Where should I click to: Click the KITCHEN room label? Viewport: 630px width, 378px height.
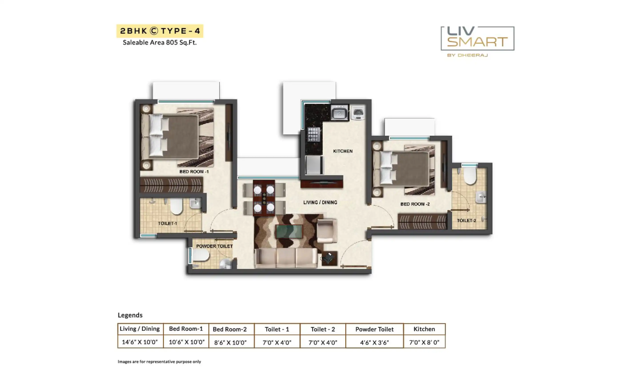[343, 151]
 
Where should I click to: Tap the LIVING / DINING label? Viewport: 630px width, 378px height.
[320, 202]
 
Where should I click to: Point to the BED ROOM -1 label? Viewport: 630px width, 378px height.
[194, 172]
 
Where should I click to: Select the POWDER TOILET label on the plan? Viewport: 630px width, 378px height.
[215, 246]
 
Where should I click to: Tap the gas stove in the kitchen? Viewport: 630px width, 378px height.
[313, 134]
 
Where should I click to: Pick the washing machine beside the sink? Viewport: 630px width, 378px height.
[358, 113]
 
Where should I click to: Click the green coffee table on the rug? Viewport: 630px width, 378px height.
[289, 231]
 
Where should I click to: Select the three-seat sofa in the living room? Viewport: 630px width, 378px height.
[286, 258]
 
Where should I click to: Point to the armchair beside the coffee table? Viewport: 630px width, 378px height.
[327, 231]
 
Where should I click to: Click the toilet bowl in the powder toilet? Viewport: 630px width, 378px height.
[201, 255]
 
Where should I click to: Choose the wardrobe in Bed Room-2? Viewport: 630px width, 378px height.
[422, 222]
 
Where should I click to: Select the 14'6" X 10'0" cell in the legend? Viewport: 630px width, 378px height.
[140, 342]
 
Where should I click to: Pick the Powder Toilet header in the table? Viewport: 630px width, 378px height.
[374, 329]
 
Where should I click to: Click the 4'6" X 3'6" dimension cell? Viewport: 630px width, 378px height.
[374, 342]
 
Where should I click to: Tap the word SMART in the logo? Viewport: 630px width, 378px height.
[478, 42]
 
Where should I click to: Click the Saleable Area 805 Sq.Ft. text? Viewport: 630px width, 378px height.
[160, 42]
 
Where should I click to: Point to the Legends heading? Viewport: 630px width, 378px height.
[130, 315]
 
